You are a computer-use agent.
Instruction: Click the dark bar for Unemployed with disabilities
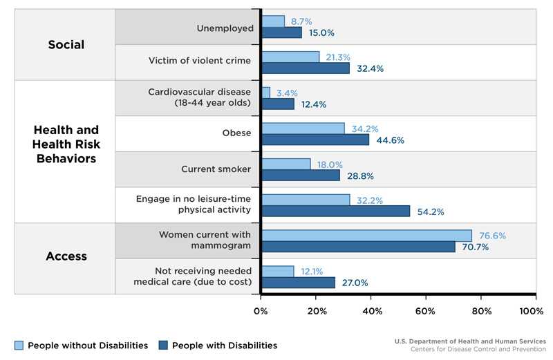tap(281, 32)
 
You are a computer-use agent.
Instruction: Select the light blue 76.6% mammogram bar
tap(366, 236)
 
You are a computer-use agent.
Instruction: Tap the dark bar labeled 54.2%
tap(335, 211)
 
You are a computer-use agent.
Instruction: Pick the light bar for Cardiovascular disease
tap(266, 93)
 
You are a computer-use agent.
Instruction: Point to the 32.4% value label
tap(370, 68)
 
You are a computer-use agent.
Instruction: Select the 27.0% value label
tap(354, 283)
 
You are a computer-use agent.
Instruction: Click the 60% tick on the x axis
tap(425, 312)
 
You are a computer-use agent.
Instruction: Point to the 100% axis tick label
tap(531, 312)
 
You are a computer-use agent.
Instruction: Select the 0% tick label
tap(261, 312)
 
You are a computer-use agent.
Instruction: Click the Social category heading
tap(66, 45)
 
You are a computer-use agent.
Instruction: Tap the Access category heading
tap(66, 256)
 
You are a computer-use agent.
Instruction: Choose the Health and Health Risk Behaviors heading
tap(66, 144)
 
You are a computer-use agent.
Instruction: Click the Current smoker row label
tap(216, 169)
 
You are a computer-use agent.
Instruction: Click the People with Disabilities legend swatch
tap(163, 345)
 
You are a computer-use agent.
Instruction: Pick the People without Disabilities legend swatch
tap(19, 345)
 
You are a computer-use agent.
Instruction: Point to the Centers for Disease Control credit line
tap(478, 350)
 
